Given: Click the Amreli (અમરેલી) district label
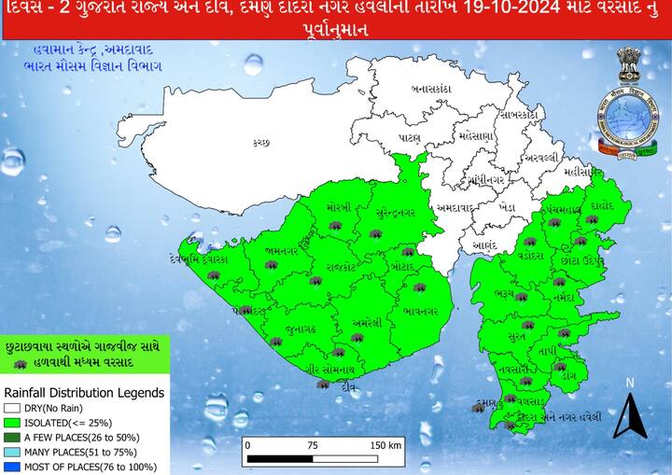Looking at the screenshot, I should coord(366,323).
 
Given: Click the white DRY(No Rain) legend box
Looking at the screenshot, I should coord(11,407).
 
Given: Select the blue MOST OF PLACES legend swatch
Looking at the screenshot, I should coord(11,466).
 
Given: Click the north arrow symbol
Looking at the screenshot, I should coord(630,415).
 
